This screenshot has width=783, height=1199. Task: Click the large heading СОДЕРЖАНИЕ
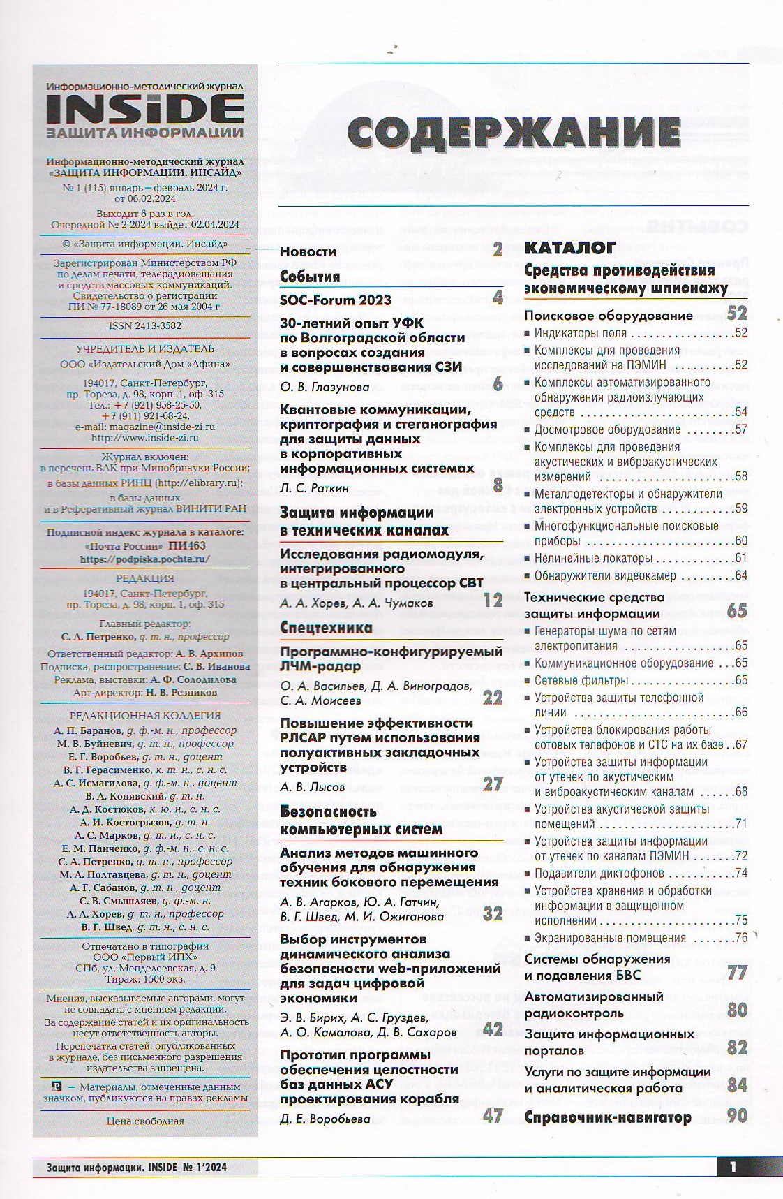pyautogui.click(x=514, y=133)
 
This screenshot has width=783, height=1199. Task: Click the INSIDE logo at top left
pyautogui.click(x=145, y=108)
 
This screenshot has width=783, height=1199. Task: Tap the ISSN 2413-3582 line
pyautogui.click(x=145, y=325)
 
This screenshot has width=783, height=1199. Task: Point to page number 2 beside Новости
pyautogui.click(x=497, y=249)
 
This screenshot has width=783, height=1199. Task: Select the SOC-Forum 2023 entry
pyautogui.click(x=336, y=300)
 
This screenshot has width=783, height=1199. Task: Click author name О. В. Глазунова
pyautogui.click(x=325, y=387)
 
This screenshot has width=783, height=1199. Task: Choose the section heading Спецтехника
pyautogui.click(x=326, y=628)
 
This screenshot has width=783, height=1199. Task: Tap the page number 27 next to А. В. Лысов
pyautogui.click(x=493, y=784)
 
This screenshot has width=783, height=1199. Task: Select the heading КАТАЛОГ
pyautogui.click(x=569, y=247)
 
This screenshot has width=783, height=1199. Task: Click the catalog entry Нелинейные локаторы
pyautogui.click(x=593, y=559)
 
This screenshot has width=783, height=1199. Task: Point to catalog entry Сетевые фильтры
pyautogui.click(x=581, y=680)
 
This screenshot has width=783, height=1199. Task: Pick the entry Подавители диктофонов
pyautogui.click(x=599, y=874)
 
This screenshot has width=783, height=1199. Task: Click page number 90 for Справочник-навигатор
pyautogui.click(x=737, y=1116)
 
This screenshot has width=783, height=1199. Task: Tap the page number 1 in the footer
pyautogui.click(x=733, y=1166)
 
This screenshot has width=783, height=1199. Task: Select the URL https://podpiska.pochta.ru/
pyautogui.click(x=144, y=559)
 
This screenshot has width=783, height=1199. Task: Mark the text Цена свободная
pyautogui.click(x=145, y=1121)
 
